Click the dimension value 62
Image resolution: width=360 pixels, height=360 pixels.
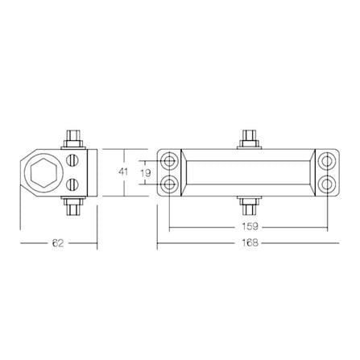(x=58, y=243)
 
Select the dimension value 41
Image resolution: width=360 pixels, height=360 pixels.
(x=123, y=172)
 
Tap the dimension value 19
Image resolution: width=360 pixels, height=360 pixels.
(x=146, y=173)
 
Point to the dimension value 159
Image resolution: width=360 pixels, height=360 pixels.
(x=249, y=226)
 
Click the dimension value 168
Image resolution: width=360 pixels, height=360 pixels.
(x=249, y=242)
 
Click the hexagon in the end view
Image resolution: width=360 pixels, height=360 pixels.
(x=43, y=173)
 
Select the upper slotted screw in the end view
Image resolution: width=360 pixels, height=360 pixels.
(x=72, y=161)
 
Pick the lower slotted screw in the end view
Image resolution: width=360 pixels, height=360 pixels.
(x=72, y=184)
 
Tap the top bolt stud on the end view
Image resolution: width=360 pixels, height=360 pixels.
(x=73, y=139)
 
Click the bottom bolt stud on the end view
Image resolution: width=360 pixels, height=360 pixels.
(x=73, y=206)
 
